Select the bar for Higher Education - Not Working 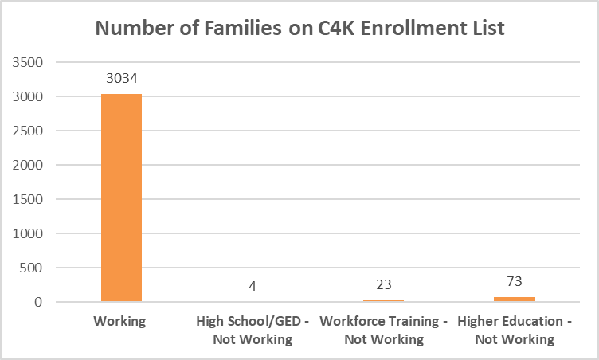coord(514,299)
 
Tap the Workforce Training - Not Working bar coord(383,301)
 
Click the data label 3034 coord(121,79)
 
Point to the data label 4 coord(252,285)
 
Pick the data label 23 coord(383,284)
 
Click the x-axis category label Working coord(121,322)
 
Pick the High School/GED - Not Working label coord(252,331)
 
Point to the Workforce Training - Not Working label coord(383,331)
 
